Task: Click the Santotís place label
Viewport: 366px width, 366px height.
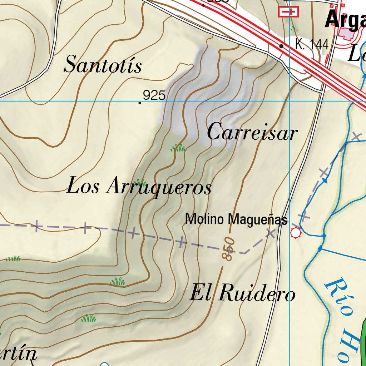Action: point(103,65)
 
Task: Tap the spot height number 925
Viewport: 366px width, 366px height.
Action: point(154,95)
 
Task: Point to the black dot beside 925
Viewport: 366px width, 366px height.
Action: point(139,103)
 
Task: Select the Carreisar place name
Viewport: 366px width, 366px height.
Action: point(252,133)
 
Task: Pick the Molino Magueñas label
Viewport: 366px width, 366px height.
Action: point(236,219)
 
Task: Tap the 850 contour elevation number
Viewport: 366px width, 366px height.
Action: point(228,248)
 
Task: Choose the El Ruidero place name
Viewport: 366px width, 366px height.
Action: point(242,293)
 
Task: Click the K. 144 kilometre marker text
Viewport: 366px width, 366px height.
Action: point(312,44)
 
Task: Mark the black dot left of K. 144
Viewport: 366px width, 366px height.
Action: point(281,46)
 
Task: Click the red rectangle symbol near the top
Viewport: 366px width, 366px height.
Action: point(288,12)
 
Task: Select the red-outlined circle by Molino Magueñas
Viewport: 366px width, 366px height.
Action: point(296,233)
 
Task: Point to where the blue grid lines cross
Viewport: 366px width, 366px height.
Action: point(289,101)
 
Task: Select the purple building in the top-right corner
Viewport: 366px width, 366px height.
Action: point(345,34)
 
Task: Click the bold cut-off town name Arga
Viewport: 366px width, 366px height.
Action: point(345,20)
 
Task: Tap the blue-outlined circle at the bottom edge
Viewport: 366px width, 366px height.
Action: point(104,364)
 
